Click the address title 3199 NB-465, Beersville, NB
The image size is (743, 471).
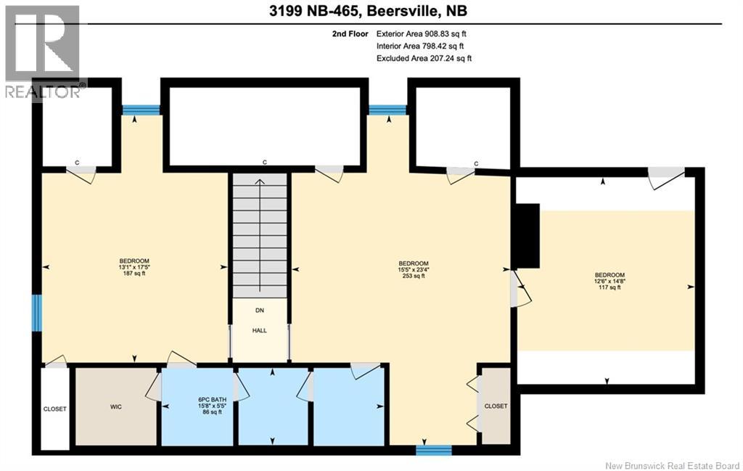pos(368,11)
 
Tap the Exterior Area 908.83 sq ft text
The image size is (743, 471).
pos(422,33)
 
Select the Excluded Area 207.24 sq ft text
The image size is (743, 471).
pos(424,58)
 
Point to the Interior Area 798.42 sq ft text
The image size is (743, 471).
pos(420,46)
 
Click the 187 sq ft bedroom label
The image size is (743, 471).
pos(134,267)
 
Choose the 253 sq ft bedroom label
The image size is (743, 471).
pos(414,270)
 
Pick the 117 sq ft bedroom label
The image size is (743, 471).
pos(609,281)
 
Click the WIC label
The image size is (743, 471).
pos(115,406)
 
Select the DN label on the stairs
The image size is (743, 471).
pos(260,311)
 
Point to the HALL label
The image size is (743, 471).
pos(259,330)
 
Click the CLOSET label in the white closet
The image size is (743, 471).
pos(55,409)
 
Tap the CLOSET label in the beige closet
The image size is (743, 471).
pos(496,406)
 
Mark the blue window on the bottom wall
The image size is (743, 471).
pos(434,450)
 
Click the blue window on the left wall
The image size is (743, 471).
pos(36,313)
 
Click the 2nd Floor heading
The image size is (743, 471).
pos(350,33)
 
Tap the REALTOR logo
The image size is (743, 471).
pos(43,52)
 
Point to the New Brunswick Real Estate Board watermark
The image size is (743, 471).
pos(672,465)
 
